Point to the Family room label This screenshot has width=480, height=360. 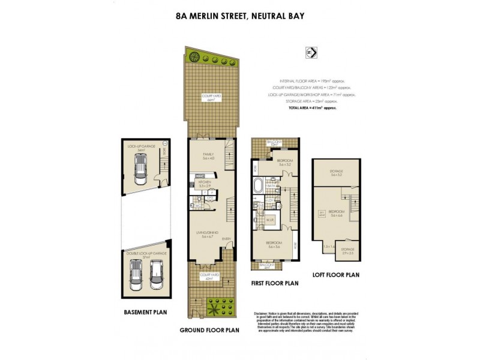[x=208, y=156]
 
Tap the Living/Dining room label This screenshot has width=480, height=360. [x=209, y=235]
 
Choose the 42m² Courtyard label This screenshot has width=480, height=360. [x=209, y=277]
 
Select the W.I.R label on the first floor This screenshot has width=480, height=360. [x=270, y=220]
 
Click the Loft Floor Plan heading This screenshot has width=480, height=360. [x=335, y=275]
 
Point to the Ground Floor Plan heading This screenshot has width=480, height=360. [x=210, y=330]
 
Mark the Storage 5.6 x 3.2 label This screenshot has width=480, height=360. [x=335, y=174]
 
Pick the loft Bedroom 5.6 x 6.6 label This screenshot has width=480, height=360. [x=335, y=213]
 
